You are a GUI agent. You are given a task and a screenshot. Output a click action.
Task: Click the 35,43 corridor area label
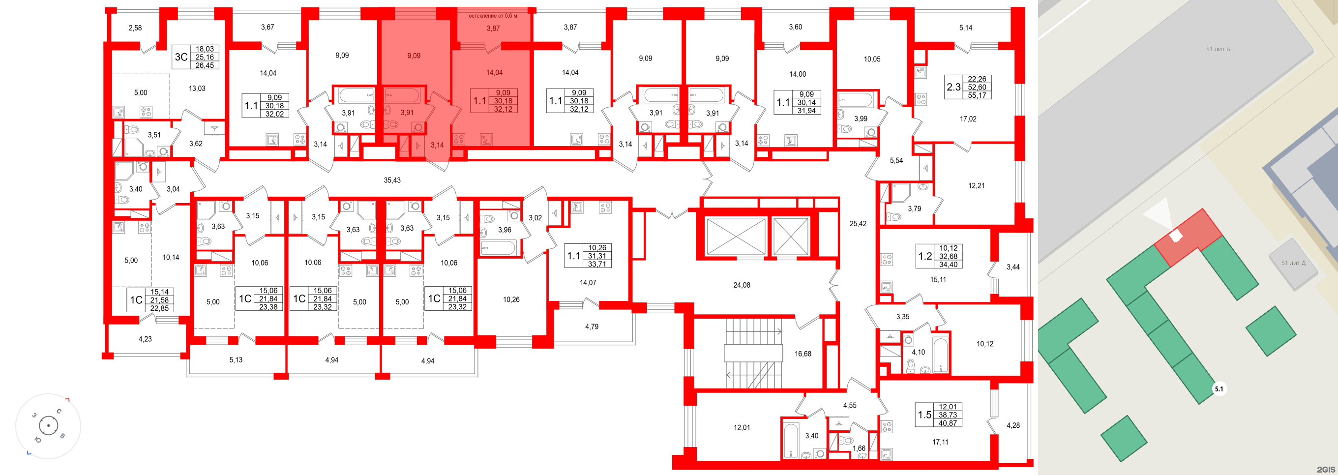click(392, 180)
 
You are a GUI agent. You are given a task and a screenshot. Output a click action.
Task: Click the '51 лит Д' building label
click(1293, 263)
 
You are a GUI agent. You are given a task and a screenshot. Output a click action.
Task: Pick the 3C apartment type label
click(181, 57)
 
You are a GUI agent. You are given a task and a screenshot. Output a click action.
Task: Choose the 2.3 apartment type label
click(953, 87)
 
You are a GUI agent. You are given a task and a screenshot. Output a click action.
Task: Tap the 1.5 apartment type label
click(924, 415)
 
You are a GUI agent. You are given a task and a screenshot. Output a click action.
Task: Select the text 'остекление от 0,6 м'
click(493, 16)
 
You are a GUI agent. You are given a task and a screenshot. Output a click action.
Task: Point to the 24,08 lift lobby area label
click(742, 285)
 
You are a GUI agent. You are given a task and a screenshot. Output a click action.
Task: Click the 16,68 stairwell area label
click(803, 354)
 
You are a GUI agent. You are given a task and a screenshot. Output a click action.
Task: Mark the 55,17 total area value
click(977, 95)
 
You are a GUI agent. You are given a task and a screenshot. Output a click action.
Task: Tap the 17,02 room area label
click(968, 119)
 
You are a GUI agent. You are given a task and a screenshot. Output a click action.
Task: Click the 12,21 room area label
click(977, 185)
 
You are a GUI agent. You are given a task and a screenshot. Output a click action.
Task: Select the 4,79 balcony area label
click(592, 327)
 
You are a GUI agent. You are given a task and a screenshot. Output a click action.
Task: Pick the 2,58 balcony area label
click(135, 28)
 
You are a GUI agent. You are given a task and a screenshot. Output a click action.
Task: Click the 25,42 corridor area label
click(858, 224)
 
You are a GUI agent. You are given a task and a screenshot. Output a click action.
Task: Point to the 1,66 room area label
click(859, 448)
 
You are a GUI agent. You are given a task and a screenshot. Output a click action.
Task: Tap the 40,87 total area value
click(948, 423)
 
